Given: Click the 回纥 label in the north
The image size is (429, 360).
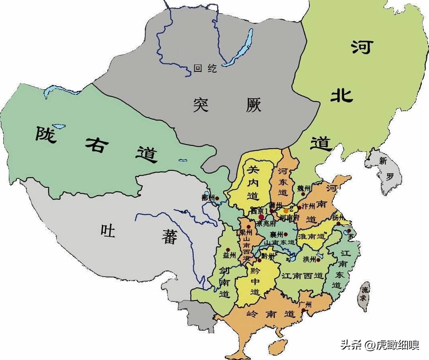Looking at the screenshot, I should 205,69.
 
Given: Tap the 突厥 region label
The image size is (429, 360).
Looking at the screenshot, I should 227,105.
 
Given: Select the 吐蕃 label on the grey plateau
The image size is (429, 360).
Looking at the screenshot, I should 138,234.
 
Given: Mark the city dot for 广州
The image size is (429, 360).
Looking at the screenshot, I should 304,310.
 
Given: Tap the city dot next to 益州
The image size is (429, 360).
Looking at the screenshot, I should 228,249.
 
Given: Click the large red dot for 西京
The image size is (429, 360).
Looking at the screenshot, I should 261,216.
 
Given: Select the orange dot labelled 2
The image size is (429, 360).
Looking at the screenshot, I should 286,210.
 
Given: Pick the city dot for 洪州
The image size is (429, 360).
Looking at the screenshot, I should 319,259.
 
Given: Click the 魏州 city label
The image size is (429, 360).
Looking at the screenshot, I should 304,188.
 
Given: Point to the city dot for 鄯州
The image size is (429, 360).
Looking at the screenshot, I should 217,198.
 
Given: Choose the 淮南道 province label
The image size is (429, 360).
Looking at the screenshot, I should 311,236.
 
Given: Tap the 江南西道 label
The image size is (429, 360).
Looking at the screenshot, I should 303,276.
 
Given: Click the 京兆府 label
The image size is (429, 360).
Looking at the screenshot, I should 265,223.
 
